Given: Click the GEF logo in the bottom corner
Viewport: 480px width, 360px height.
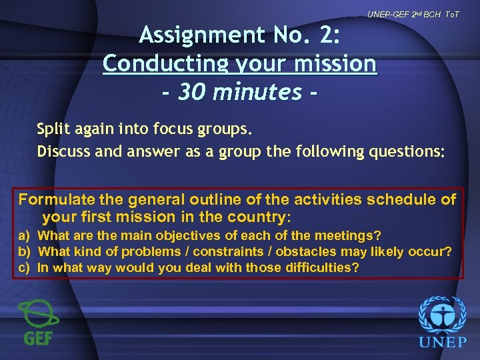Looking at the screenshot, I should tap(38, 322).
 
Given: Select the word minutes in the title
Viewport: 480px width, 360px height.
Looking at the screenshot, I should tap(255, 92).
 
